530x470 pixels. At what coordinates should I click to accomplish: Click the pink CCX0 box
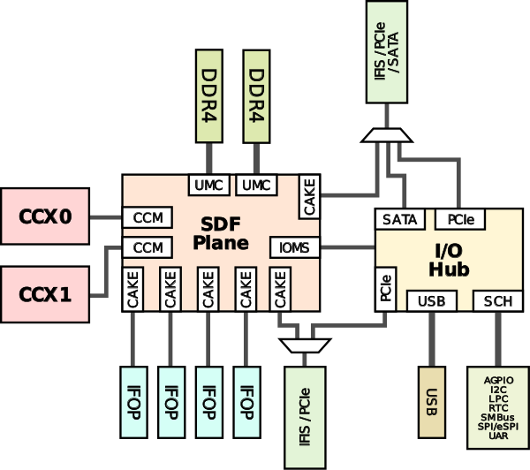coord(45,216)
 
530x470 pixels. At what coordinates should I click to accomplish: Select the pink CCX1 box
coord(45,293)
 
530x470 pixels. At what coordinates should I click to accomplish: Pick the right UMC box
coord(256,185)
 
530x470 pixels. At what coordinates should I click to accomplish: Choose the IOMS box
coord(293,247)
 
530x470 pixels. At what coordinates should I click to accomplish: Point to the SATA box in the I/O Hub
coord(401,218)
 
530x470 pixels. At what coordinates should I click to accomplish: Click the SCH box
coord(496,300)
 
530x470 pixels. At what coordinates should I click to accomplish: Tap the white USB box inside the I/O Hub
coord(431,300)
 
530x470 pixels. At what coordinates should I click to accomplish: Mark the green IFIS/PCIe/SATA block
coord(386,53)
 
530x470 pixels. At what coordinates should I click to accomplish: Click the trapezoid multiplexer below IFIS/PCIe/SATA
coord(386,135)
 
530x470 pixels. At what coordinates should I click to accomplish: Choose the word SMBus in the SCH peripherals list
coord(497,416)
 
